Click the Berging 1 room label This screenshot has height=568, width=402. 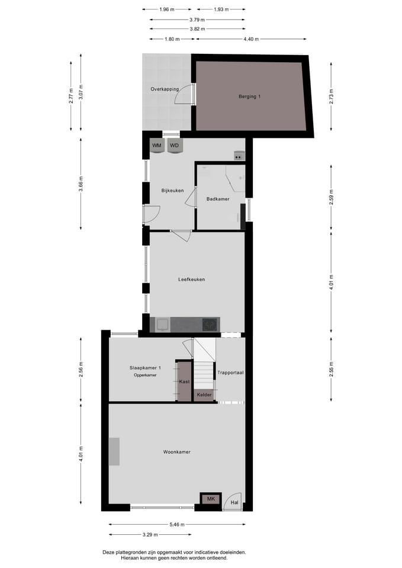[249, 96]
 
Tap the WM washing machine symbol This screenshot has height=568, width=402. [157, 146]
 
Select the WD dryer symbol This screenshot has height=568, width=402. [174, 146]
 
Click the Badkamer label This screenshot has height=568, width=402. [218, 199]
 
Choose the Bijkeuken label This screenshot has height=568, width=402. [172, 191]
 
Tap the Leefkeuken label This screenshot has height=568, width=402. [191, 279]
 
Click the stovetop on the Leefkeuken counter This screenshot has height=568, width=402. [210, 324]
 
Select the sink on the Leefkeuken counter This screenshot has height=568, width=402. [163, 324]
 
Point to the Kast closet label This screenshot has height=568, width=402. [184, 382]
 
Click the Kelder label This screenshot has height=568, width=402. [204, 394]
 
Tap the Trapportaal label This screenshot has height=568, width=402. [230, 372]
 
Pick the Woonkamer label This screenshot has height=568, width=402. [176, 452]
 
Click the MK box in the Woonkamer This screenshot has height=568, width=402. [211, 500]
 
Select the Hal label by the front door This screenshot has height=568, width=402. [234, 503]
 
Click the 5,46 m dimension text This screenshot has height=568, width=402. [177, 524]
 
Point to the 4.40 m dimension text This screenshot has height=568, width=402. [251, 39]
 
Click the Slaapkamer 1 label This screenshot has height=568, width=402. [145, 368]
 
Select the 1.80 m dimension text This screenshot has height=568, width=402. [171, 39]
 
